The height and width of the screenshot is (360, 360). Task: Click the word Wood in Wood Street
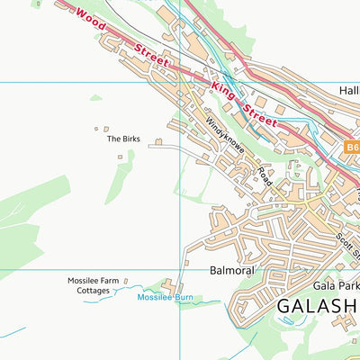pos(92,18)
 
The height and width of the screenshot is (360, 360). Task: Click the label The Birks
pos(123,139)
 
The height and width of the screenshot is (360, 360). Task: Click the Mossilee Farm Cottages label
pos(93,285)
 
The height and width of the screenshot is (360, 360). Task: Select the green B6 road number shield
pos(351,146)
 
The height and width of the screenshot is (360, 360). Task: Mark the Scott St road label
pos(347,233)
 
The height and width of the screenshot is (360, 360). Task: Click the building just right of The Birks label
pos(158,141)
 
